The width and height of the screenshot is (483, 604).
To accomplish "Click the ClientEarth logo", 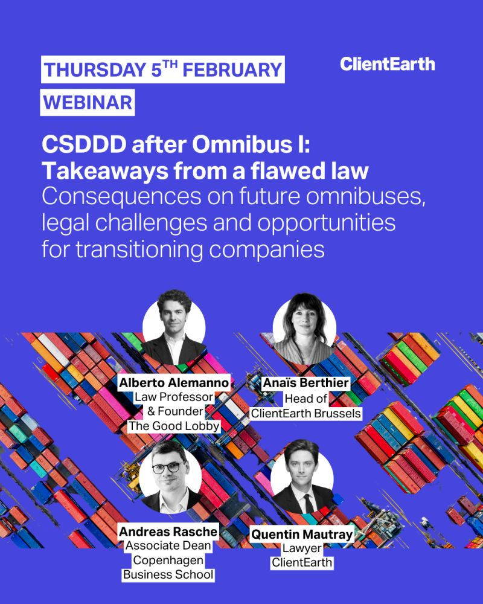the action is click(x=387, y=64).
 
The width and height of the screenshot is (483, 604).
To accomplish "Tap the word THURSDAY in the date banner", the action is click(x=95, y=69).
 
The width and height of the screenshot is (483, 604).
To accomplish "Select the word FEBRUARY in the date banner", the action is click(x=232, y=69).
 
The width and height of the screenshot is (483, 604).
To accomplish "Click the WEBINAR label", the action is click(x=88, y=103).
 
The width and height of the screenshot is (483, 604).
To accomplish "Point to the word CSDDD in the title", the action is click(x=84, y=144).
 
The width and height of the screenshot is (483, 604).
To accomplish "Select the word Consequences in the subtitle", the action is click(x=121, y=196).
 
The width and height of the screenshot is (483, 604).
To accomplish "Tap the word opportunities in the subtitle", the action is click(x=326, y=223).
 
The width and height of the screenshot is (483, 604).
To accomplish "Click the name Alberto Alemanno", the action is click(x=174, y=383).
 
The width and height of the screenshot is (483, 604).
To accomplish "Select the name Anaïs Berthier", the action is click(x=306, y=383).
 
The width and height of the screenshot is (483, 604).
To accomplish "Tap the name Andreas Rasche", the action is click(x=168, y=532).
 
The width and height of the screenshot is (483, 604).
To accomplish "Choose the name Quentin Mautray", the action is click(x=302, y=535).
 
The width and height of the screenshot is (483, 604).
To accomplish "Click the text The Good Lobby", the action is click(x=174, y=426).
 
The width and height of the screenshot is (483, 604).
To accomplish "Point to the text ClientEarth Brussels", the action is click(x=306, y=413).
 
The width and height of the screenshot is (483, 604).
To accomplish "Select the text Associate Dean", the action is click(x=168, y=546).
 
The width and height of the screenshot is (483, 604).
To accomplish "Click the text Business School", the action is click(x=168, y=575).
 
